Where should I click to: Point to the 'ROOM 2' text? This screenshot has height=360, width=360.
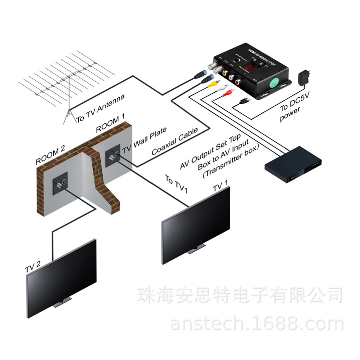(x=51, y=155)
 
